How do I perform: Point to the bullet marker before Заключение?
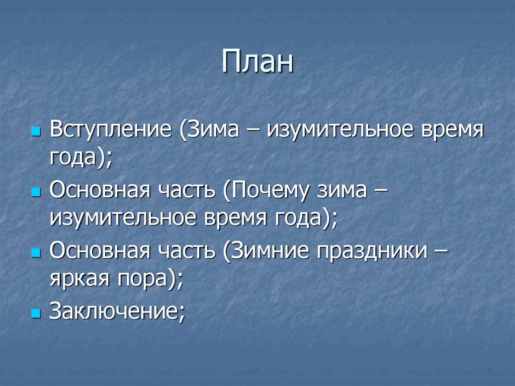coord(35,314)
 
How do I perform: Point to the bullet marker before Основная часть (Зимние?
coord(35,254)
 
